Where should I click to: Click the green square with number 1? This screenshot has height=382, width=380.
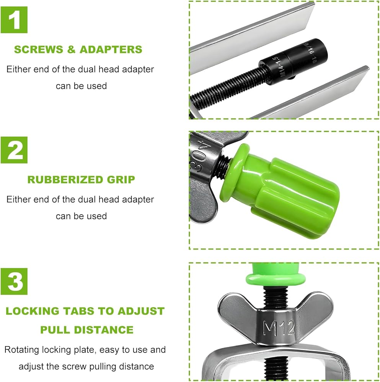click(14, 20)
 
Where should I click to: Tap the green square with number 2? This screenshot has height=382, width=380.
click(14, 150)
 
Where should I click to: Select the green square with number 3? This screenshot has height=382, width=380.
click(14, 282)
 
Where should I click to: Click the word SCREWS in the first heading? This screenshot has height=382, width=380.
click(39, 49)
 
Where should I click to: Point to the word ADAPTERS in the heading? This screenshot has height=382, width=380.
click(111, 49)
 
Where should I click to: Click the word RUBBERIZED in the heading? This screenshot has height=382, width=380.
click(65, 180)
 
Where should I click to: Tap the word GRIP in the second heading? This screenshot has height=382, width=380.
click(121, 180)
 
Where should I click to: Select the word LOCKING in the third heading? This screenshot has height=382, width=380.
click(33, 311)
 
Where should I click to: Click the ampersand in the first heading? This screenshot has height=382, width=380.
click(71, 49)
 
